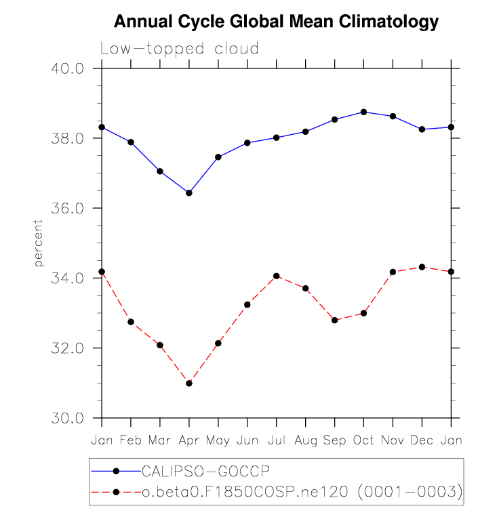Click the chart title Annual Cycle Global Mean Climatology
point(277,22)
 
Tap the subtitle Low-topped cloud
point(179,49)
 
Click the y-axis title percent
point(39,243)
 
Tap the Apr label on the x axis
point(188,440)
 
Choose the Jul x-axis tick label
point(276,440)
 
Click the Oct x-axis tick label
point(363,440)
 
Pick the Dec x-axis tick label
point(422,440)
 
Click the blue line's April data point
point(189,193)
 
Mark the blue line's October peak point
point(363,112)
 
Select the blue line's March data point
point(160,171)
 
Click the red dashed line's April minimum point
point(189,383)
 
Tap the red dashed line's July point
point(276,276)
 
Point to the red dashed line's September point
point(334,320)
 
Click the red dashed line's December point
point(422,267)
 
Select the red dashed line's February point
point(131,322)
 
